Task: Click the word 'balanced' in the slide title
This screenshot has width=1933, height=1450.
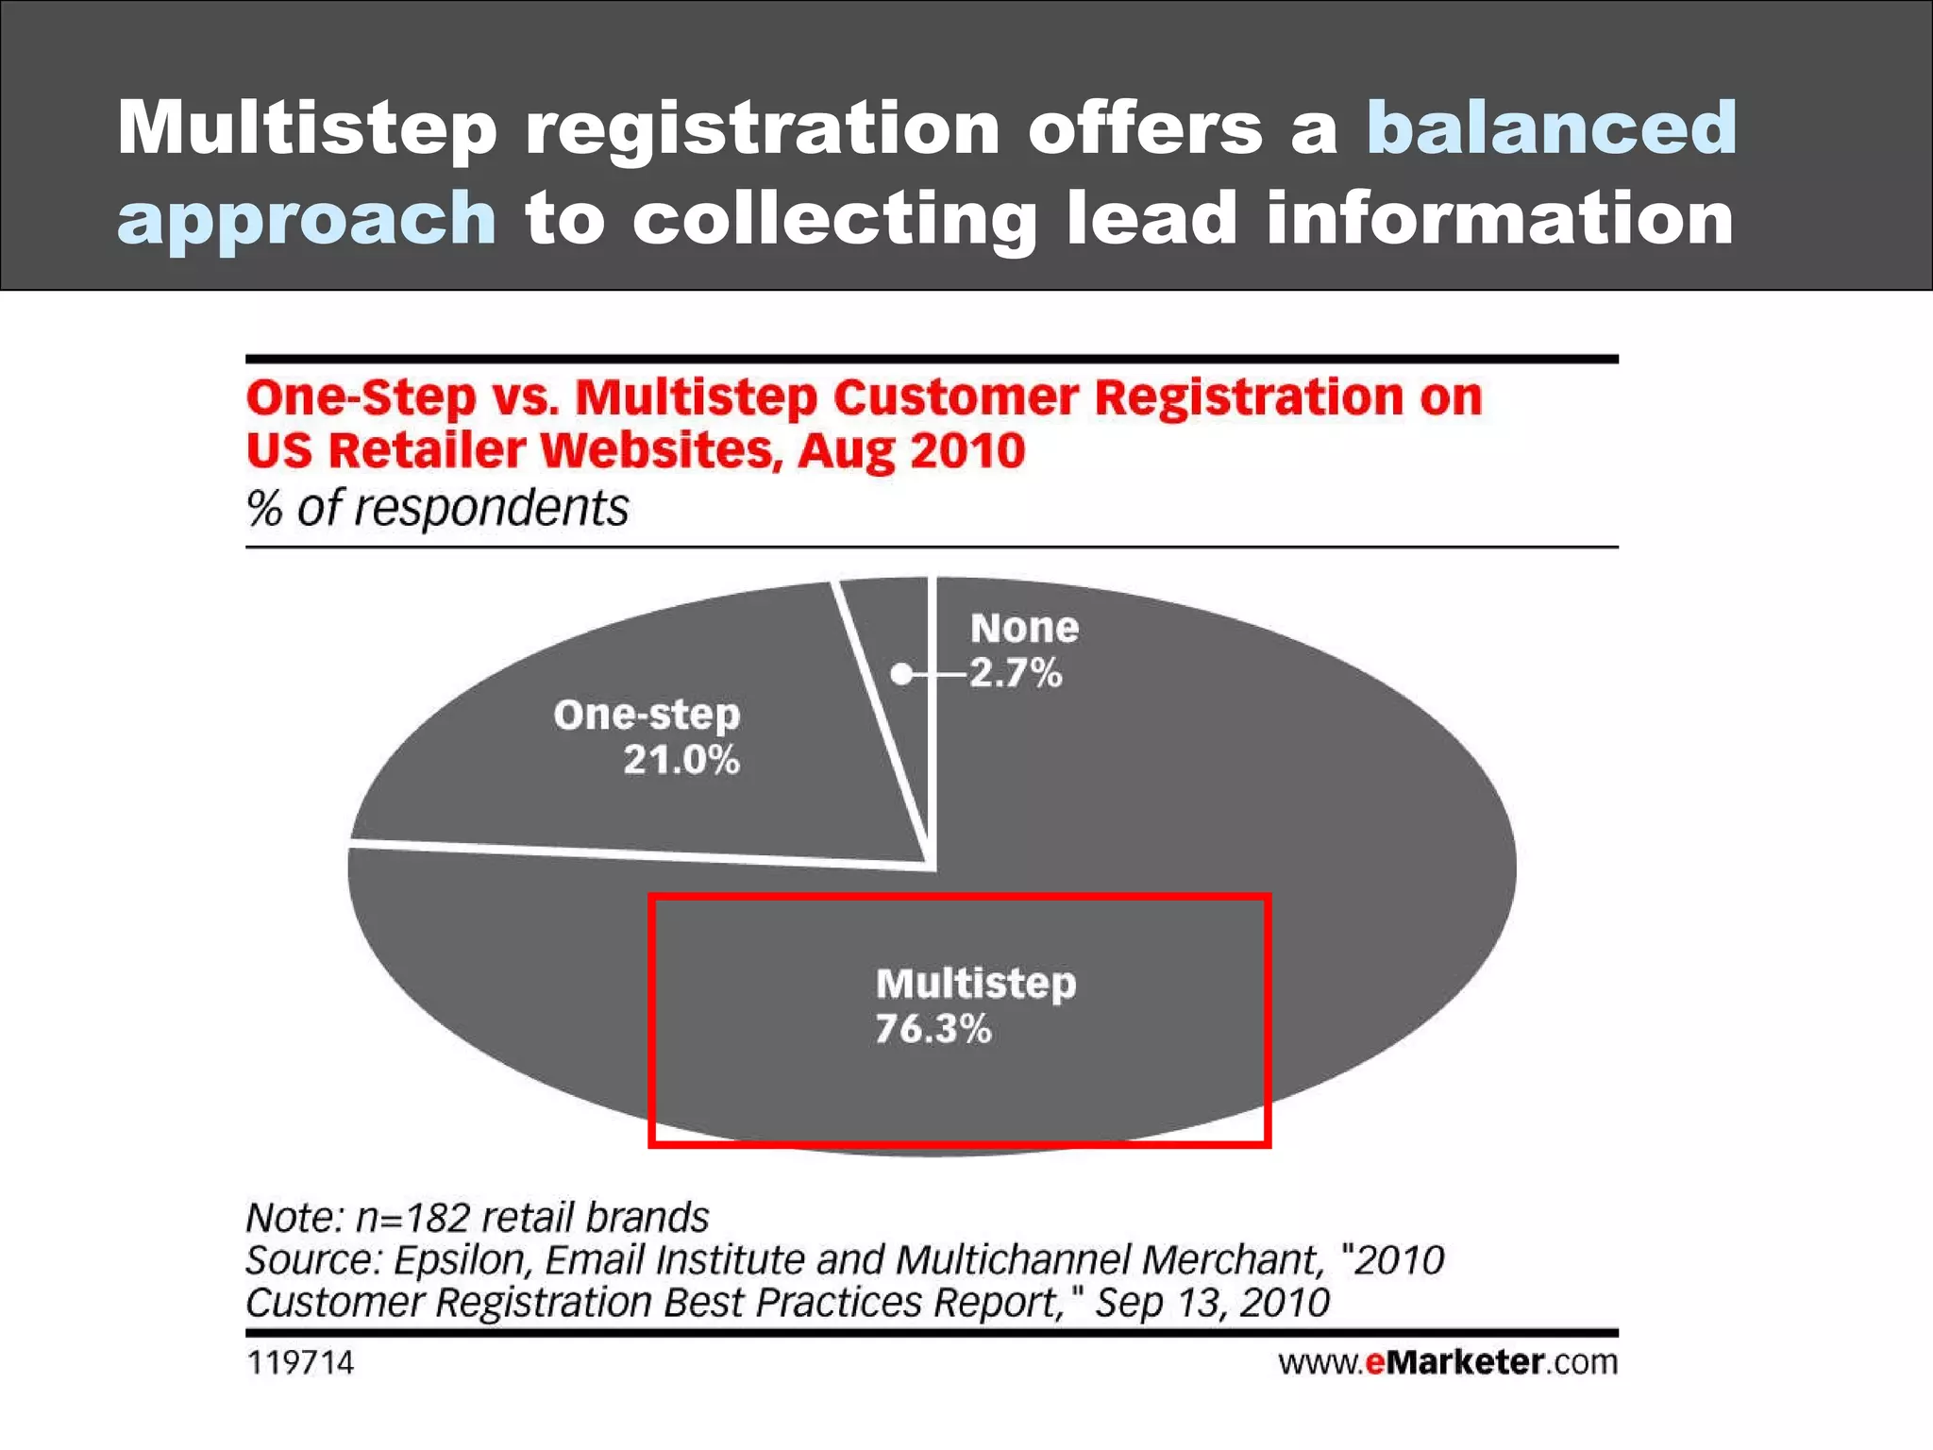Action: [1551, 127]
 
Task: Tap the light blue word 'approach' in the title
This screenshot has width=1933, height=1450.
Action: [307, 219]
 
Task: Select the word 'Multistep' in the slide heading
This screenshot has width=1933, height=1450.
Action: [307, 127]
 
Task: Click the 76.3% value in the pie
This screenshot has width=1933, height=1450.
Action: [933, 1029]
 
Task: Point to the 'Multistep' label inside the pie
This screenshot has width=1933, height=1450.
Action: [975, 984]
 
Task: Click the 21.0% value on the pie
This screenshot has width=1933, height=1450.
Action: [681, 760]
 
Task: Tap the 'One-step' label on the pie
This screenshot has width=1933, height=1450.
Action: [647, 715]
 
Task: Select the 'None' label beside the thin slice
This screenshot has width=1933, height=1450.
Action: [1024, 628]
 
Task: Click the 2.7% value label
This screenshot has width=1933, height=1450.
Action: [1016, 674]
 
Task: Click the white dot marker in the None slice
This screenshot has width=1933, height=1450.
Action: [901, 674]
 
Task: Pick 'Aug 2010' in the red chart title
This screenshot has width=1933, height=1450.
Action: [911, 450]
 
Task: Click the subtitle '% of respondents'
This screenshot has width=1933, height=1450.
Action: [437, 508]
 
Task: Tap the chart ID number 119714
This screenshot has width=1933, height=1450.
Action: [300, 1362]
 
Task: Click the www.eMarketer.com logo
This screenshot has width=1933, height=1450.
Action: [1448, 1362]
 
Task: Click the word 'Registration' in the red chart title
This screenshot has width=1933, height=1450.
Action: [1249, 396]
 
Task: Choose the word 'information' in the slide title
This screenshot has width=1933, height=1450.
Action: [1499, 219]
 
